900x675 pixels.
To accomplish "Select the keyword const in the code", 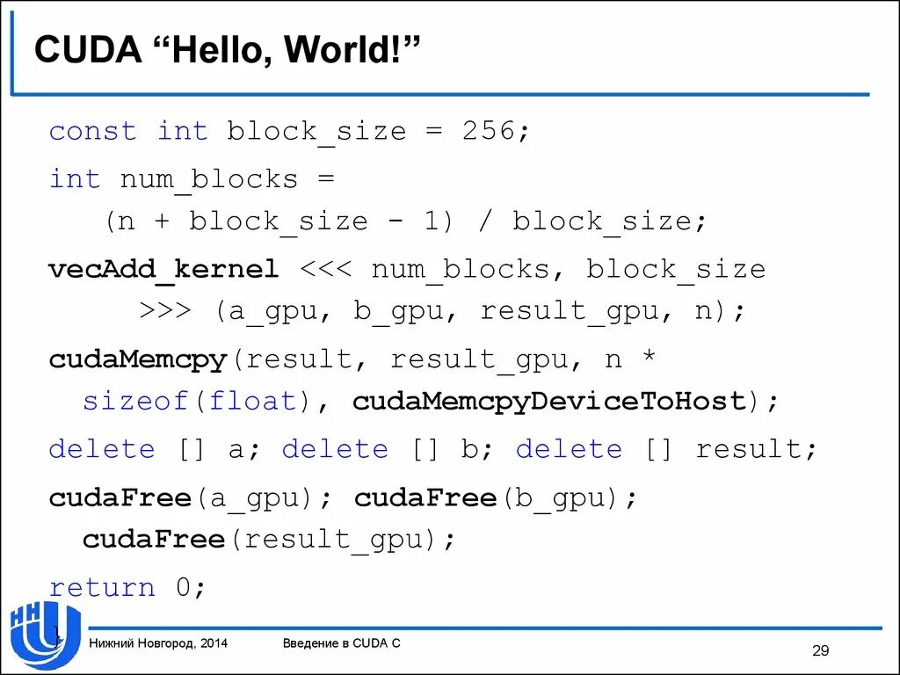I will [93, 132].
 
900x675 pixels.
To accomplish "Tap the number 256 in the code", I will [489, 132].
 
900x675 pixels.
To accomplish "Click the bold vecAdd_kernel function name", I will [164, 269].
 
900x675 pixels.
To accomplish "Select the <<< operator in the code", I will [326, 269].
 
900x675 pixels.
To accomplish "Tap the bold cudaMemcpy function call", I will [138, 359].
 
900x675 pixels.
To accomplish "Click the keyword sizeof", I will [136, 402].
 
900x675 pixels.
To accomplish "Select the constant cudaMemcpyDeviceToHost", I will [549, 402].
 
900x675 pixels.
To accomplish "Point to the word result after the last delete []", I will [749, 449].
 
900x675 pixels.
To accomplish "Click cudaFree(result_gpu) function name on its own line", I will [154, 539].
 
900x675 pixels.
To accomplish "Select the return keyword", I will [102, 587].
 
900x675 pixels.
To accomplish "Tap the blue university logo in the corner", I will [44, 635].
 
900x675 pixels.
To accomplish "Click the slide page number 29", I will [820, 650].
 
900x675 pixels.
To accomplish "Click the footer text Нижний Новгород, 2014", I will [158, 643].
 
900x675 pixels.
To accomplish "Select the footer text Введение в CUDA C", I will [342, 643].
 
